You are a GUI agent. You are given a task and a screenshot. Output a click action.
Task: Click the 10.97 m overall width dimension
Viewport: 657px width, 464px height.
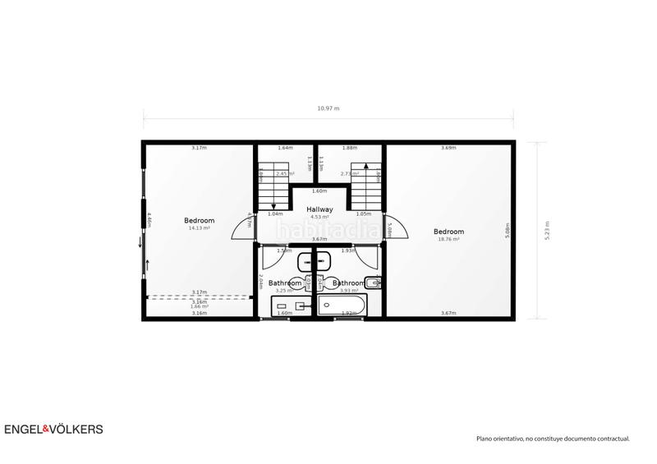click(328, 108)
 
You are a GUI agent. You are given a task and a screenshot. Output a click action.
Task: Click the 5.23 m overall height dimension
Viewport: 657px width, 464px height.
click(545, 230)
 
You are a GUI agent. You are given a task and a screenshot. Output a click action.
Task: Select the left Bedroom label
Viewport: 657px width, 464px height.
click(199, 220)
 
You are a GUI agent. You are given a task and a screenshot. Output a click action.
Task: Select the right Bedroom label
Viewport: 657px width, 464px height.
click(448, 232)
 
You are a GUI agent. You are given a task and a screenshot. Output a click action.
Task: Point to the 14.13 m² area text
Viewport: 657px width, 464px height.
click(199, 228)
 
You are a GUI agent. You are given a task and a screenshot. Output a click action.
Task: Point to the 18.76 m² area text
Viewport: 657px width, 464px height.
click(448, 239)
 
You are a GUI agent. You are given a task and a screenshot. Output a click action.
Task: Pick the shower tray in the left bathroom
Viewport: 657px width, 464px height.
click(292, 307)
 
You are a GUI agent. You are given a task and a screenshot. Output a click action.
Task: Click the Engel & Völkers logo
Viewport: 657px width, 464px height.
click(54, 429)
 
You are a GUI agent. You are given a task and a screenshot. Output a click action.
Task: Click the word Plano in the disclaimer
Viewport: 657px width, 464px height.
click(487, 439)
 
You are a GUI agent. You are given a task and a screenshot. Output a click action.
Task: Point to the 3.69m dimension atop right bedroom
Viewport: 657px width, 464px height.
click(448, 148)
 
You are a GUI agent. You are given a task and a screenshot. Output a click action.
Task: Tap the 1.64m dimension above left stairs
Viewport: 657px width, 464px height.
click(285, 148)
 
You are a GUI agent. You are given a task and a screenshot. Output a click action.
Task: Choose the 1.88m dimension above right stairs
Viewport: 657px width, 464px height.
click(349, 148)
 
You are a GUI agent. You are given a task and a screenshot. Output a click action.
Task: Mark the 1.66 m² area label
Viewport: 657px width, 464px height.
click(199, 306)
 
